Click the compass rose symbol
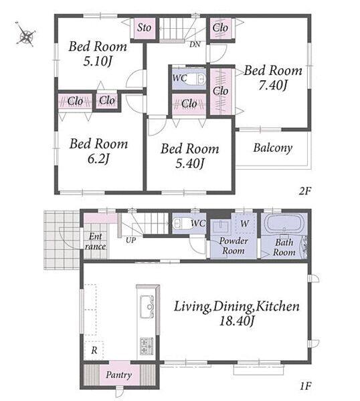[25, 35]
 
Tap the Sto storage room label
[144, 27]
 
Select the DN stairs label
[195, 45]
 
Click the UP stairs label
[130, 240]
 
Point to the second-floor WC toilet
[197, 79]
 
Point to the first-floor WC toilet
[181, 223]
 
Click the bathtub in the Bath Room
[284, 223]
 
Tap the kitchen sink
[147, 306]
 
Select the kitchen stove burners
[147, 346]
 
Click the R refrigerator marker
[94, 350]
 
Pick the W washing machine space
[244, 223]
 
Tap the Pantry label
[119, 375]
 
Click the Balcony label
[273, 148]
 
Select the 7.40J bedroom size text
[273, 86]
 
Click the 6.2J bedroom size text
[98, 159]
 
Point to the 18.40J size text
[237, 321]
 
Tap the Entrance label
[95, 241]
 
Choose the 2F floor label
[304, 191]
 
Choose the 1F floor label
[305, 386]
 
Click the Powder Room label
[234, 246]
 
